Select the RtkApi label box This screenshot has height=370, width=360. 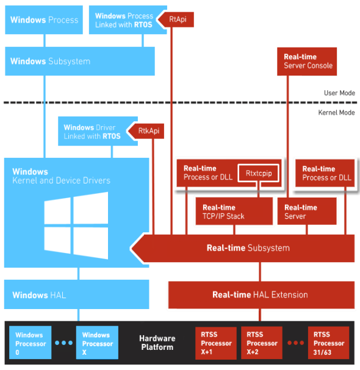coord(147,130)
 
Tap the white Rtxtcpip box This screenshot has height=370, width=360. coord(258,173)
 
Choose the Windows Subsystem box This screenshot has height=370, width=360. coord(79,62)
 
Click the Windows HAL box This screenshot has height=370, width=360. coord(76,295)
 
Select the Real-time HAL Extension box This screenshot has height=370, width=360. coord(261,294)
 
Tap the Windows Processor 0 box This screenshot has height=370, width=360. coord(30,343)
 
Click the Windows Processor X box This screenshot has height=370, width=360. coord(97,343)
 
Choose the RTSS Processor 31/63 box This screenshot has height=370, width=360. coord(329,343)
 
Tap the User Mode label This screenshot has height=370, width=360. coord(339,93)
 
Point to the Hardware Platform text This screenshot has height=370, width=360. coord(157,343)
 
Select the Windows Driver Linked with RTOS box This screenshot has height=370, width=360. coord(92,132)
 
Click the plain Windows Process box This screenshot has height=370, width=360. coord(44,20)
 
